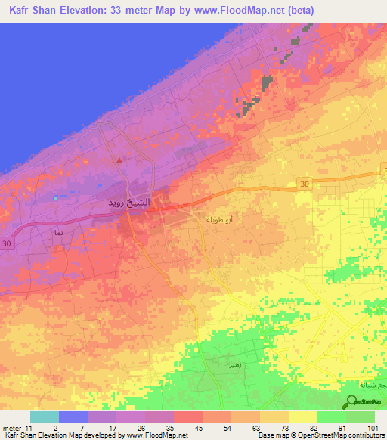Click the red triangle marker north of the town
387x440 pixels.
click(x=119, y=160)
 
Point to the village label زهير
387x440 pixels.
click(x=234, y=364)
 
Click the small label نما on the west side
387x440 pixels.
click(x=58, y=234)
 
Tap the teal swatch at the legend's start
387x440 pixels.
click(x=44, y=417)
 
